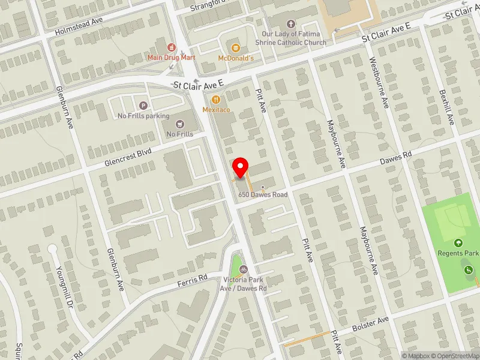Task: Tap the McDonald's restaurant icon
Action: point(235,47)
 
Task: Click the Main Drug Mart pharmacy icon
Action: point(172,47)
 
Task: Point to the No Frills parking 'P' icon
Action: point(143,105)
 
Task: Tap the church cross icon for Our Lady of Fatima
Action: point(291,24)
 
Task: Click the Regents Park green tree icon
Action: point(459,243)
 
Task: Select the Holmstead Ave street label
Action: point(79,26)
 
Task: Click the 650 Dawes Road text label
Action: point(263,195)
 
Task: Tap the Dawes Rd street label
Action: point(395,157)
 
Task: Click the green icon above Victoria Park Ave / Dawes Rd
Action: point(237,269)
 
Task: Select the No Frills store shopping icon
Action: point(179,124)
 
